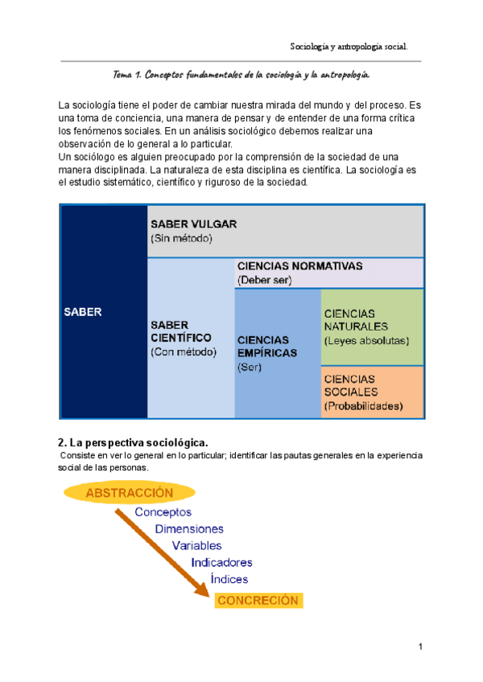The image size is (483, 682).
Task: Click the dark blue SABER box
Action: (x=103, y=311)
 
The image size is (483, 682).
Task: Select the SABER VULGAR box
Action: (x=286, y=231)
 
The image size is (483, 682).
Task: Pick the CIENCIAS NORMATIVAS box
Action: (x=328, y=273)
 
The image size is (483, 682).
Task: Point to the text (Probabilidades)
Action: (x=363, y=406)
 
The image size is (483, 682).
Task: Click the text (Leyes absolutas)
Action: (x=366, y=339)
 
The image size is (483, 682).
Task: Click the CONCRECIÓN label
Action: (x=257, y=600)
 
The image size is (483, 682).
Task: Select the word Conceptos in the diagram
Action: (x=163, y=511)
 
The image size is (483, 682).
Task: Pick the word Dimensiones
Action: (x=189, y=529)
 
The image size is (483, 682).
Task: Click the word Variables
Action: (x=197, y=545)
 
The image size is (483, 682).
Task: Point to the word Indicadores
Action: (x=221, y=562)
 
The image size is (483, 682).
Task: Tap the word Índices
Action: (x=229, y=578)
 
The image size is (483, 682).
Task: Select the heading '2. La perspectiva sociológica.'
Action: (x=133, y=442)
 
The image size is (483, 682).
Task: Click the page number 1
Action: (x=420, y=647)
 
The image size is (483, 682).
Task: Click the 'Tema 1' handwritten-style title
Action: (x=242, y=75)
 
